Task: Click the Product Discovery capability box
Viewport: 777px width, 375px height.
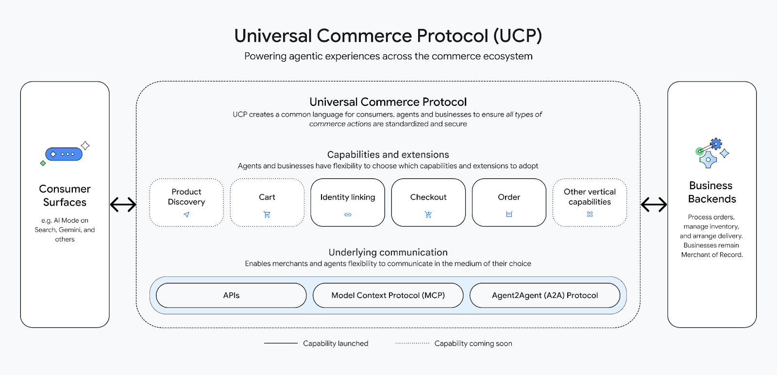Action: point(186,202)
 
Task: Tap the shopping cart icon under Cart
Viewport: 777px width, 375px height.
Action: point(267,214)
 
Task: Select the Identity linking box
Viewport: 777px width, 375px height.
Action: point(348,202)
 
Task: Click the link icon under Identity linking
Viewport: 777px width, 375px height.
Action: point(348,214)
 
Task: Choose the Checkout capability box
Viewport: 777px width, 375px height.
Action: point(428,202)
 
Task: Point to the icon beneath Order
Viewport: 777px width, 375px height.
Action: point(509,214)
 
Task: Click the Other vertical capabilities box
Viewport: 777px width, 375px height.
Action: point(590,202)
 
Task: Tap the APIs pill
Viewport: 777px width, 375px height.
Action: point(231,295)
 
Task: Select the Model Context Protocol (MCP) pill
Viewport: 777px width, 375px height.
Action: point(388,295)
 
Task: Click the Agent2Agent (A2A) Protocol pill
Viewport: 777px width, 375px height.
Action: point(545,295)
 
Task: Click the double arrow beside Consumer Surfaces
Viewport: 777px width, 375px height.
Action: point(123,205)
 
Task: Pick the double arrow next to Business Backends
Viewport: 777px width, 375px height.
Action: point(654,205)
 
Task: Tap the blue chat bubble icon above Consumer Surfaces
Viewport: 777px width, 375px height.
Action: point(64,154)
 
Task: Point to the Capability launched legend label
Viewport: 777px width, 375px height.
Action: point(336,343)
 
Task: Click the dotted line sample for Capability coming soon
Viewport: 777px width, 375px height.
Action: point(412,343)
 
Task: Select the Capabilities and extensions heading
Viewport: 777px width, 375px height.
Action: point(388,155)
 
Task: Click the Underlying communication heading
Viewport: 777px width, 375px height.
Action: point(388,252)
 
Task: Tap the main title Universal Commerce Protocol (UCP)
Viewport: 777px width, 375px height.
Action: point(388,36)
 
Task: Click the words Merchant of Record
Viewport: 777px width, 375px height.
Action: point(712,255)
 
